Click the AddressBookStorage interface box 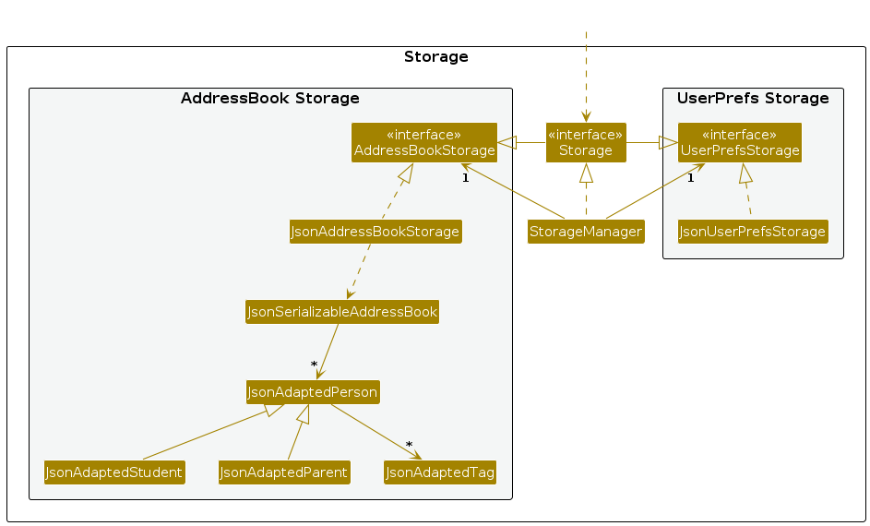[x=423, y=143]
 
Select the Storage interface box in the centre [x=586, y=143]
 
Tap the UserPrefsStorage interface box [x=740, y=143]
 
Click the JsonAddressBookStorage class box [x=375, y=232]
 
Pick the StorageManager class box [x=586, y=232]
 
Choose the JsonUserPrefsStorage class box [x=753, y=232]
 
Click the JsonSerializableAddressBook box [x=342, y=312]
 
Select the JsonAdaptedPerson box [x=313, y=392]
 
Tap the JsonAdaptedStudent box [x=114, y=472]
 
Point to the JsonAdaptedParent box [x=284, y=472]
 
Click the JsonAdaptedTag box [x=440, y=472]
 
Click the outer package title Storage [x=436, y=56]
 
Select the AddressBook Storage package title [x=270, y=98]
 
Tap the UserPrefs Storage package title [x=753, y=98]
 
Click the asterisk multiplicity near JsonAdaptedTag [x=409, y=445]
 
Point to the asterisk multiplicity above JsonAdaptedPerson [x=314, y=365]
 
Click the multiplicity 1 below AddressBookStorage [x=466, y=178]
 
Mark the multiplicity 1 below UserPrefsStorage [x=691, y=178]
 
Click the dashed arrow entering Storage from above [x=586, y=78]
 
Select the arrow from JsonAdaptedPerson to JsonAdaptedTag [x=376, y=432]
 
